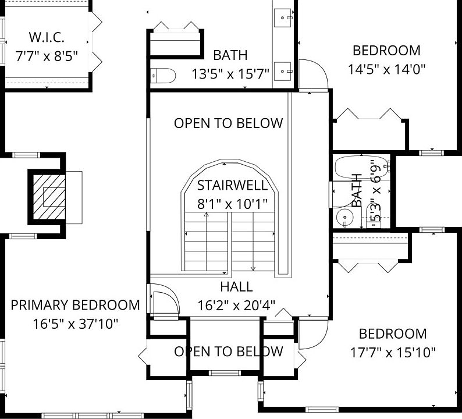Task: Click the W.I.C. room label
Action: click(47, 37)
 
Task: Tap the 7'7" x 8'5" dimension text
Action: click(47, 56)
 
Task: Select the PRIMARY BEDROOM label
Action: click(75, 305)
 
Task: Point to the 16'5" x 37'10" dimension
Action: click(75, 324)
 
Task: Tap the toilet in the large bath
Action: click(163, 76)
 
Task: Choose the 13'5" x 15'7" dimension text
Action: click(230, 74)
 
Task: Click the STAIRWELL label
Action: click(232, 185)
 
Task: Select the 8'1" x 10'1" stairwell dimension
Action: click(232, 204)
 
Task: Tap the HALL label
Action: click(236, 287)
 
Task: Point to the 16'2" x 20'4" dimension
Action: click(236, 306)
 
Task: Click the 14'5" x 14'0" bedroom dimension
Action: click(386, 69)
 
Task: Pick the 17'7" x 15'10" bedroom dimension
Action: click(393, 352)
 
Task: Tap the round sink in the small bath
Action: click(344, 218)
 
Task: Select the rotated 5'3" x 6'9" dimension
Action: click(376, 191)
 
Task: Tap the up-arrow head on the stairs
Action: click(206, 215)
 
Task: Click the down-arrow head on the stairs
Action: click(253, 268)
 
